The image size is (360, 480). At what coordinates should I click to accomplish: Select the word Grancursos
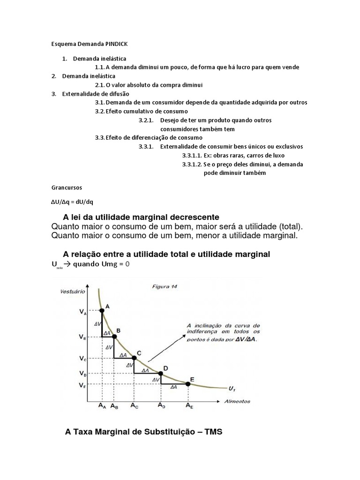(x=67, y=187)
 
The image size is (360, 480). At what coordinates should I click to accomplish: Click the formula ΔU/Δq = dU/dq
(x=72, y=202)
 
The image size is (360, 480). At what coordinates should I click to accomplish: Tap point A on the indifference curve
(x=102, y=310)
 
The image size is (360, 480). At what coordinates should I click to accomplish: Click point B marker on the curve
(x=114, y=336)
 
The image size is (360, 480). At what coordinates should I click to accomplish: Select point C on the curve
(x=134, y=358)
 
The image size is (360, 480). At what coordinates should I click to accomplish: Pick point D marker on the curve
(x=161, y=374)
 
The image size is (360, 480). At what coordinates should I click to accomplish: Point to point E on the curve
(x=188, y=384)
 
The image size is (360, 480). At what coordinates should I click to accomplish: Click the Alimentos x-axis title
(x=236, y=401)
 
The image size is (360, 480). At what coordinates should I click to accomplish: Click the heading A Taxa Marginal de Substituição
(x=143, y=432)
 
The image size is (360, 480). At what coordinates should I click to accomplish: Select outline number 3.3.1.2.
(x=192, y=164)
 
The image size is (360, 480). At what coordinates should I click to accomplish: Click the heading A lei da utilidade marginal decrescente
(x=141, y=217)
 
